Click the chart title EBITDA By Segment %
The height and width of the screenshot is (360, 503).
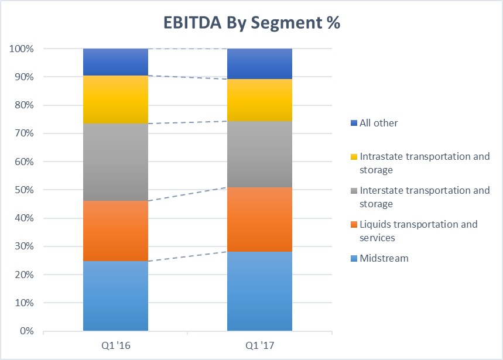251,23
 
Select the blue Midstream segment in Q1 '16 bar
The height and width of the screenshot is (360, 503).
115,296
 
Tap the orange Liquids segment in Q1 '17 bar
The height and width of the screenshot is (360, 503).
259,219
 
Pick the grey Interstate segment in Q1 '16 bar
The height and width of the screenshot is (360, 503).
115,162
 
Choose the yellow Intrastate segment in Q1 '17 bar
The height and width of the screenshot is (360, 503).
259,100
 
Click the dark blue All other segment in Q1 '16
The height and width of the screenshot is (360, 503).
115,62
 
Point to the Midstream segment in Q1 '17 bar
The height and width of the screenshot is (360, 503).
259,291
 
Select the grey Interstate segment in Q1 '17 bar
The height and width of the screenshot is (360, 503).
259,154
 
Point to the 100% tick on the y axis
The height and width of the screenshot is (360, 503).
22,49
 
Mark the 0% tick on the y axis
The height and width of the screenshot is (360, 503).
26,331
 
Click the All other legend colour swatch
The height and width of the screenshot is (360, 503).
353,123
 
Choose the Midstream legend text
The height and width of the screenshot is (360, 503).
384,258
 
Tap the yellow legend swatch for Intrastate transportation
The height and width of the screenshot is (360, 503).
353,157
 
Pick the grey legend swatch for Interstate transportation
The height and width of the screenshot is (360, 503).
353,191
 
